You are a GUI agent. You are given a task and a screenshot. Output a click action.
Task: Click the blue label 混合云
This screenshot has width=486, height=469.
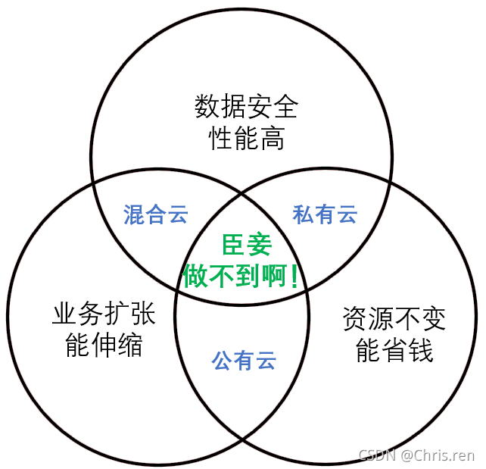click(156, 214)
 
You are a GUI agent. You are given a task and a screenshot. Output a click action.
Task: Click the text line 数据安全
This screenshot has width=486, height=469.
click(246, 107)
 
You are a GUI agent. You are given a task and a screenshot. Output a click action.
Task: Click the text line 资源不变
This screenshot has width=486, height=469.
click(394, 318)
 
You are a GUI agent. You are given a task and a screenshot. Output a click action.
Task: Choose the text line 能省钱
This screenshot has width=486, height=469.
click(394, 351)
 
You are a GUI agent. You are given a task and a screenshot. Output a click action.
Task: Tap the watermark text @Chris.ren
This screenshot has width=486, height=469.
click(438, 455)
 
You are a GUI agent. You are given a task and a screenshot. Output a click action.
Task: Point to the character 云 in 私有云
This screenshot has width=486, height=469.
click(347, 214)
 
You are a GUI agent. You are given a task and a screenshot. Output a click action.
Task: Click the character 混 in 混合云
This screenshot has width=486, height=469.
click(134, 214)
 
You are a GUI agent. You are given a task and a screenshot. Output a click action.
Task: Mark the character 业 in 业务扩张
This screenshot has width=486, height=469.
click(64, 314)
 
